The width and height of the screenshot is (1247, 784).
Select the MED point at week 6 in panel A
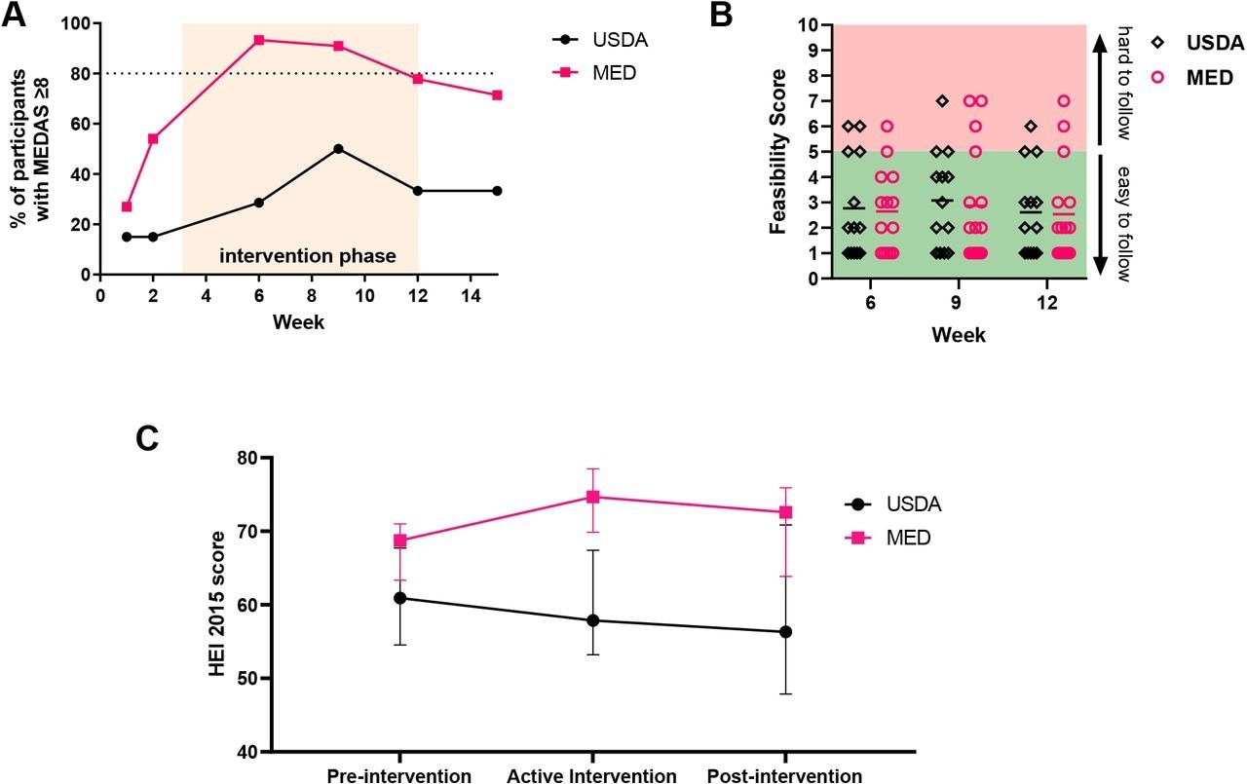click(x=259, y=40)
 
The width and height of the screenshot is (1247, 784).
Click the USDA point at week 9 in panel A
click(x=338, y=149)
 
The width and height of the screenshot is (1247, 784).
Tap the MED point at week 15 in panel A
click(x=497, y=94)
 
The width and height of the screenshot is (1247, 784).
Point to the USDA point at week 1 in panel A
click(x=127, y=237)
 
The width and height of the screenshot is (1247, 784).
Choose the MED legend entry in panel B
click(x=1194, y=78)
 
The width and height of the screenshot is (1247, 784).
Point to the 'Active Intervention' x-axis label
click(x=591, y=775)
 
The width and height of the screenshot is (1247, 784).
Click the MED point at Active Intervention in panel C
click(x=592, y=497)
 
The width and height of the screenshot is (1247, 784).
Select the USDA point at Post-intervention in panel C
click(x=785, y=632)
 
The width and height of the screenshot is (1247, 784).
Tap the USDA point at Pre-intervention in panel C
click(x=400, y=598)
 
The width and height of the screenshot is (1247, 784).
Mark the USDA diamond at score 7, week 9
click(x=942, y=100)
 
